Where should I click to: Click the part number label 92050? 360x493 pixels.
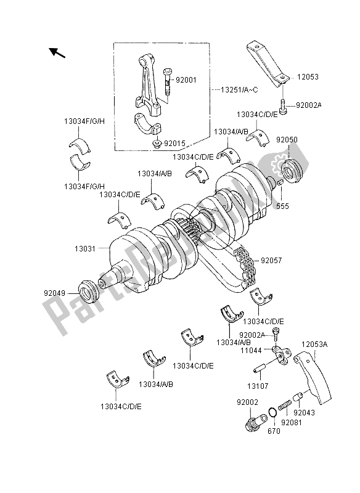(304, 140)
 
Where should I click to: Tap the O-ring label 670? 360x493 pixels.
(274, 431)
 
